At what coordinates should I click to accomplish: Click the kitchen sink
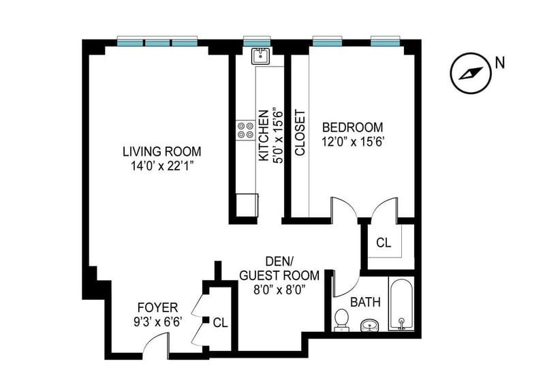pyautogui.click(x=260, y=56)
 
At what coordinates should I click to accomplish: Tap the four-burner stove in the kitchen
pyautogui.click(x=245, y=130)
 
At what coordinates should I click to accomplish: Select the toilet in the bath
pyautogui.click(x=341, y=320)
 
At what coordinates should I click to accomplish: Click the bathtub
pyautogui.click(x=401, y=303)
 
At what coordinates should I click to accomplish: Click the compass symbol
pyautogui.click(x=471, y=73)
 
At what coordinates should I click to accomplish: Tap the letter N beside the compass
pyautogui.click(x=500, y=63)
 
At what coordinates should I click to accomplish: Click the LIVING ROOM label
pyautogui.click(x=162, y=152)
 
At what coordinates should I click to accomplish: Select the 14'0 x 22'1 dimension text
pyautogui.click(x=162, y=166)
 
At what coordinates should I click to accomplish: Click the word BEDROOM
pyautogui.click(x=352, y=127)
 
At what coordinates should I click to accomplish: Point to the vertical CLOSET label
pyautogui.click(x=300, y=133)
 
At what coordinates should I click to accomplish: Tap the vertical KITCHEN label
pyautogui.click(x=264, y=136)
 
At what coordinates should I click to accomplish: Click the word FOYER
pyautogui.click(x=158, y=307)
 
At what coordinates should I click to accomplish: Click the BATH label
pyautogui.click(x=365, y=303)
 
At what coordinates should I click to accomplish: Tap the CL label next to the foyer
pyautogui.click(x=220, y=323)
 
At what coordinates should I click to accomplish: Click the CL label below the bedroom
pyautogui.click(x=384, y=243)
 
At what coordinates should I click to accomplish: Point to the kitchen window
pyautogui.click(x=257, y=41)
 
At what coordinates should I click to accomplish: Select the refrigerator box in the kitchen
pyautogui.click(x=247, y=206)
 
